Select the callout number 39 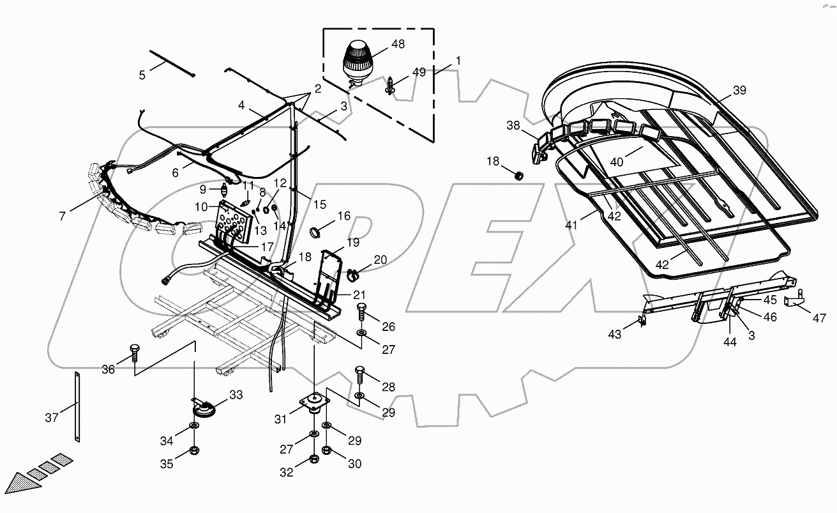pos(739,91)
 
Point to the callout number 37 pos(52,418)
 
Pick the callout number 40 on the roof pos(616,162)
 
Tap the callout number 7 pos(62,217)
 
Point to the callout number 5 pos(142,75)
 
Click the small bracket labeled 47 pos(794,301)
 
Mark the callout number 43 pos(614,334)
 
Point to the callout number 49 pos(418,72)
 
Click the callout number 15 pos(319,204)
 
